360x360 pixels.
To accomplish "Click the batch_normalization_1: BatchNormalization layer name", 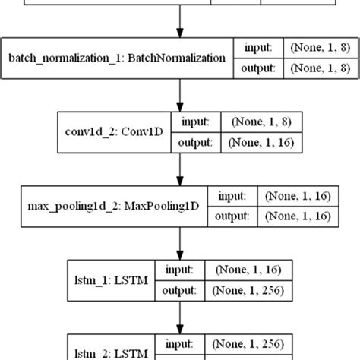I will click(x=117, y=58).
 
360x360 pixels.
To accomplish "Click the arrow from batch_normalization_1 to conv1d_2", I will click(x=179, y=94).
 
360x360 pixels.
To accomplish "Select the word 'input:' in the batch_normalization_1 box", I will click(x=259, y=47).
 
